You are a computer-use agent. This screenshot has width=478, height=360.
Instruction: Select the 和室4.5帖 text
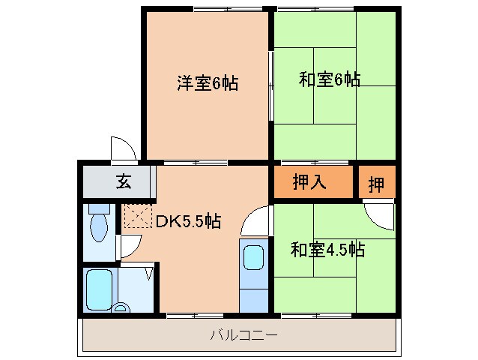327,250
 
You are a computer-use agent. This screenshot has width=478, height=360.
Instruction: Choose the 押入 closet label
309,182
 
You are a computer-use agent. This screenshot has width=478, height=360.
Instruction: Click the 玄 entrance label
121,181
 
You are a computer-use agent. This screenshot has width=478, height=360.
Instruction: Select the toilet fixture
99,224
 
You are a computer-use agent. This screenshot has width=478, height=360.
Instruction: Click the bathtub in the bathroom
100,289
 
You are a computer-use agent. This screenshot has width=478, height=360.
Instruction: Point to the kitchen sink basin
253,256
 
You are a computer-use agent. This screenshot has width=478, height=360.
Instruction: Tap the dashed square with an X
136,217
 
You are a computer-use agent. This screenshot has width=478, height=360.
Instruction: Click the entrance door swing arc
121,148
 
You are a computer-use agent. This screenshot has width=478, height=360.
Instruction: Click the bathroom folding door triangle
148,272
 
